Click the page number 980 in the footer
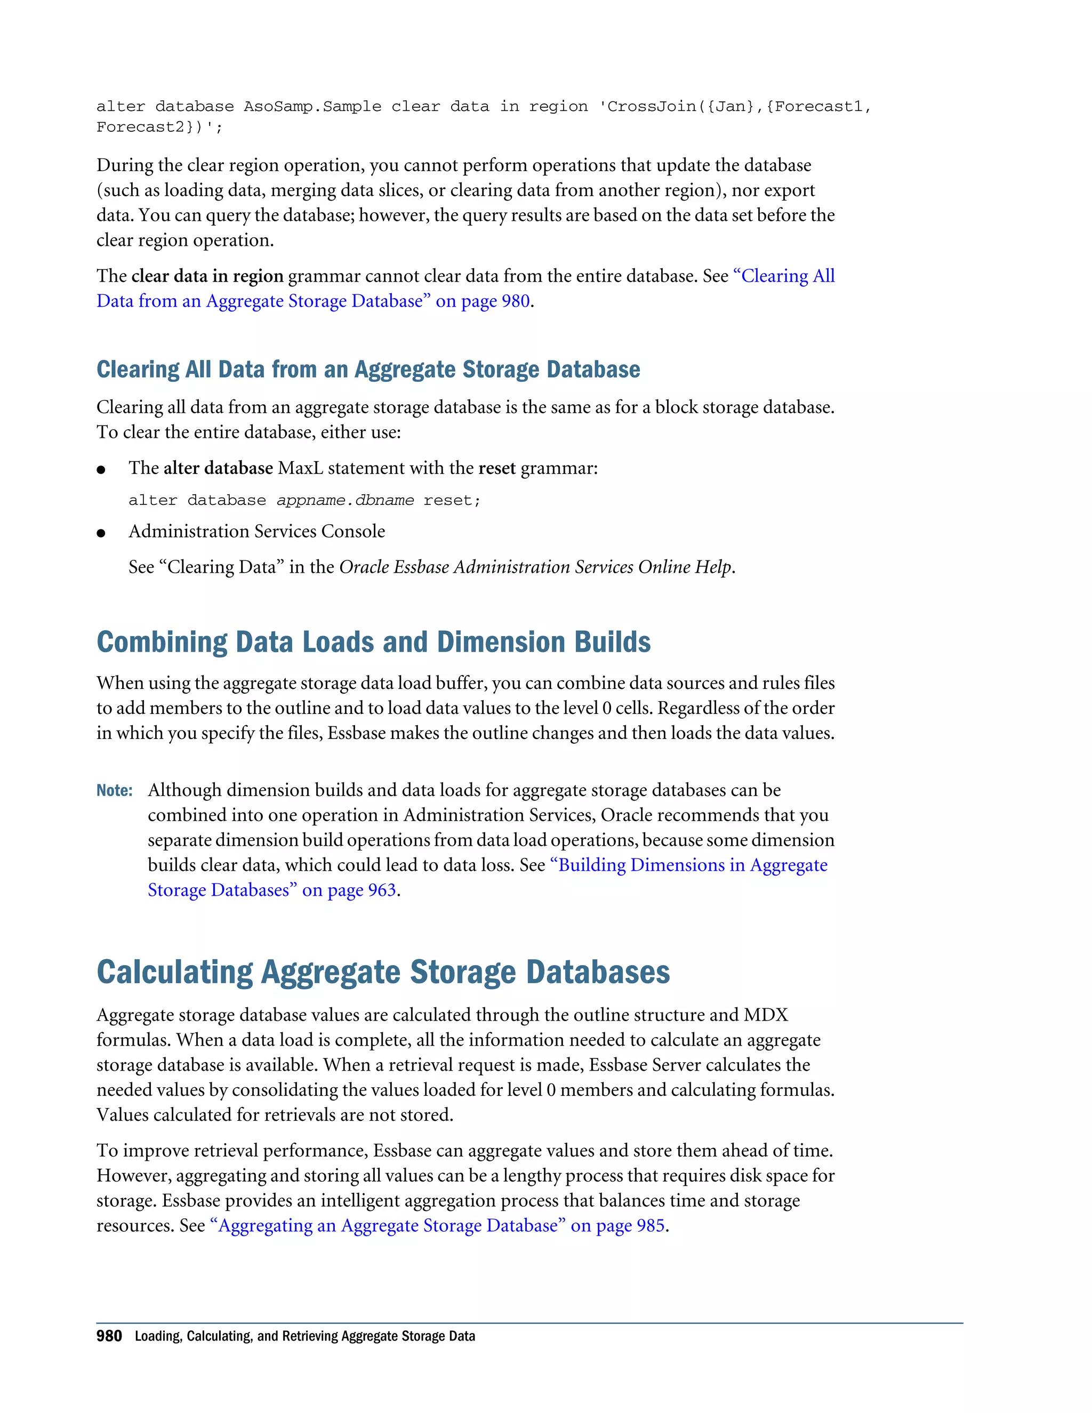pos(109,1336)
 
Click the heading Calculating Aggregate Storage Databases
pos(383,973)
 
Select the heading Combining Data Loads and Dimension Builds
pos(373,643)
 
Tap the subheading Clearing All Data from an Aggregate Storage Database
pos(368,370)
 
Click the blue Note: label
pos(114,791)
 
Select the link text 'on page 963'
pos(349,890)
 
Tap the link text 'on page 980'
pos(483,301)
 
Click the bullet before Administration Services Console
pos(101,533)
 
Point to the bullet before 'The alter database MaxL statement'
pos(101,470)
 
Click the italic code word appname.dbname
pos(345,501)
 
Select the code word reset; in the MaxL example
pos(452,501)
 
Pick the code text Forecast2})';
pos(158,127)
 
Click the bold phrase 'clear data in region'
pos(207,276)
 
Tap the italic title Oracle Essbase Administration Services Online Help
pos(535,567)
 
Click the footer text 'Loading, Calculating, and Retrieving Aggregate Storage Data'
pos(304,1337)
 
